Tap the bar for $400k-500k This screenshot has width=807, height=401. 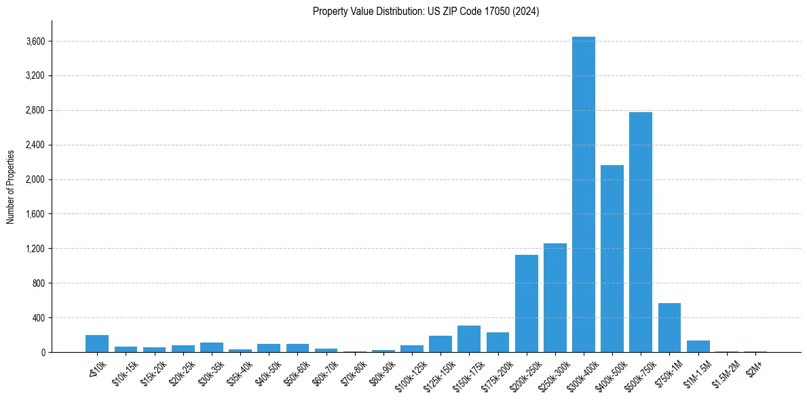[612, 258]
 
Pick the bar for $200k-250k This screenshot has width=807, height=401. [526, 303]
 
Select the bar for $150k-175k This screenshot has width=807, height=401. [468, 338]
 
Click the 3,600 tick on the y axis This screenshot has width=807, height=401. [35, 41]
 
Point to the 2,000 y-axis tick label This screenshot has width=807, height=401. [35, 179]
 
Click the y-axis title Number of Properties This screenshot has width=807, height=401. [11, 186]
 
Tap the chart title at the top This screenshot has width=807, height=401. [426, 12]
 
